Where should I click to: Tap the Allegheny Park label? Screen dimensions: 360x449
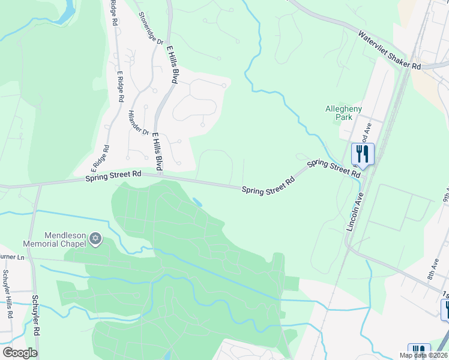[x=343, y=113]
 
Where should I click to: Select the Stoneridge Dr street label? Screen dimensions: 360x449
[x=151, y=28]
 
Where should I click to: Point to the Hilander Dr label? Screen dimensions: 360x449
[x=138, y=122]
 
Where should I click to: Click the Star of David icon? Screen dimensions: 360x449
[x=95, y=240]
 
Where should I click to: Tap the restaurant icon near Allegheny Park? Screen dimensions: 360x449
[x=363, y=154]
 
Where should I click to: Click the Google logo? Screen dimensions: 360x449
[x=19, y=352]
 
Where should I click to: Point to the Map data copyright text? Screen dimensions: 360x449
[x=424, y=355]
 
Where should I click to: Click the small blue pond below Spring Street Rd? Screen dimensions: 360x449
[x=197, y=203]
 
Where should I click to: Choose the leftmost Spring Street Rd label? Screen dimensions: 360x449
[x=113, y=176]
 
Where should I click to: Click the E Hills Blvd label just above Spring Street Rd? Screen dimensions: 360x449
[x=157, y=151]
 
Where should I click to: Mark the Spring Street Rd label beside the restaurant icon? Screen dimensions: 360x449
[x=334, y=167]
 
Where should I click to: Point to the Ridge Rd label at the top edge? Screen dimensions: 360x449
[x=113, y=13]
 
